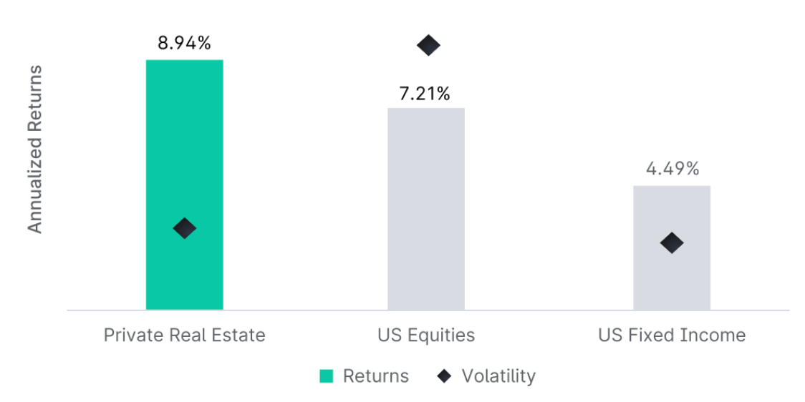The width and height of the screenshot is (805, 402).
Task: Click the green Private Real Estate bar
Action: pyautogui.click(x=184, y=185)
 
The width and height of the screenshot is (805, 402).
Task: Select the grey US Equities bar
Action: pyautogui.click(x=426, y=209)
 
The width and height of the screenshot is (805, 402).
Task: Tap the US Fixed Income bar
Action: pyautogui.click(x=672, y=247)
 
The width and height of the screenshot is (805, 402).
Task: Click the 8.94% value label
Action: pyautogui.click(x=184, y=44)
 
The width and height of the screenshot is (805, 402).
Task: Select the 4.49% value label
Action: pyautogui.click(x=672, y=170)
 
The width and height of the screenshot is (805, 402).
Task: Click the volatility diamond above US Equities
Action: pyautogui.click(x=428, y=46)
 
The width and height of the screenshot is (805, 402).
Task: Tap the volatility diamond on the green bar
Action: pyautogui.click(x=184, y=227)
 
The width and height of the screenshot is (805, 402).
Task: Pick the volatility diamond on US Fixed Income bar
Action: pyautogui.click(x=672, y=242)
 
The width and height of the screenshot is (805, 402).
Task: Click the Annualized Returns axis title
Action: pyautogui.click(x=35, y=149)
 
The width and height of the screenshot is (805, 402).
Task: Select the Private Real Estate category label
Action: pyautogui.click(x=184, y=335)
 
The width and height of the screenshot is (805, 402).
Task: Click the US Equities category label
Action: pyautogui.click(x=426, y=336)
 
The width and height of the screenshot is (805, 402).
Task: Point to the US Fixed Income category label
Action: pyautogui.click(x=672, y=335)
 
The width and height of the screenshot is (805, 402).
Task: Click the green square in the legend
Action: pyautogui.click(x=326, y=376)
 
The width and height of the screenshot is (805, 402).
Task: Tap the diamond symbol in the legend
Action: pyautogui.click(x=444, y=376)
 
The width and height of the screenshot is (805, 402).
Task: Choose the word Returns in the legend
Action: pyautogui.click(x=376, y=376)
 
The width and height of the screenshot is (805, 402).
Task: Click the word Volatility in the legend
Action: pyautogui.click(x=498, y=376)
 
